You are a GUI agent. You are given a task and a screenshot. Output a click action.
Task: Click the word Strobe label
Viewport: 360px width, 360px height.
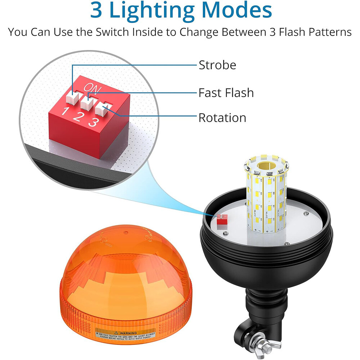point(217,65)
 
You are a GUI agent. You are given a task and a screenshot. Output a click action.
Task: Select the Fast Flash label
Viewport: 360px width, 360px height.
point(226,93)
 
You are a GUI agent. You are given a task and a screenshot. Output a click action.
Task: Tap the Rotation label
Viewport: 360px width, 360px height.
point(222,118)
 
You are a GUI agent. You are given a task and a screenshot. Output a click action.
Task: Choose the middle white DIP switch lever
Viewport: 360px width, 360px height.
point(87,102)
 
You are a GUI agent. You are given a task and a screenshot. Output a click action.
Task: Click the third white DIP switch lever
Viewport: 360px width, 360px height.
point(103,108)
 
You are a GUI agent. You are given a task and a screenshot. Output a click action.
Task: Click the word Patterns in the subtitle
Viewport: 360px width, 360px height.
point(327,32)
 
